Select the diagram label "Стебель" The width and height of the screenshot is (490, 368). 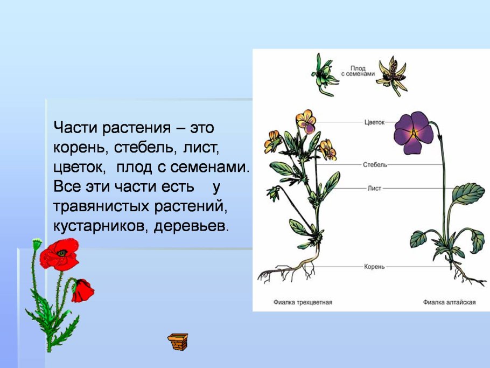pyautogui.click(x=375, y=164)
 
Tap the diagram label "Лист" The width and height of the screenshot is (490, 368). pyautogui.click(x=374, y=189)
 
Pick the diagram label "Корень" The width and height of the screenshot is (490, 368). pyautogui.click(x=374, y=267)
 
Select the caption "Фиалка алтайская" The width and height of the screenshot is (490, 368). pyautogui.click(x=449, y=302)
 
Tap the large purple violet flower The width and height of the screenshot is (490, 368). pyautogui.click(x=413, y=132)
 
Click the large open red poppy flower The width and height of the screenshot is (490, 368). pyautogui.click(x=60, y=254)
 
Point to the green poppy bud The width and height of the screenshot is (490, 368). pyautogui.click(x=37, y=244)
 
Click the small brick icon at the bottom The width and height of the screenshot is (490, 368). pyautogui.click(x=178, y=341)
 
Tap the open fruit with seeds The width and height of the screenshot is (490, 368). pyautogui.click(x=391, y=74)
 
